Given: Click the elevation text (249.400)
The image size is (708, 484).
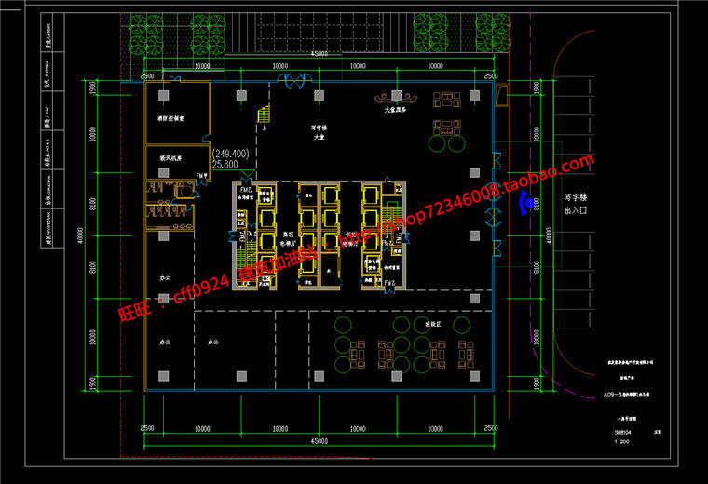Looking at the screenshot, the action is tap(230, 153).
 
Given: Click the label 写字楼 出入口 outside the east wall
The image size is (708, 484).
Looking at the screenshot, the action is tap(579, 204).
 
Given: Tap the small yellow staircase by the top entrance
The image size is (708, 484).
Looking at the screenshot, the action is tap(264, 114).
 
